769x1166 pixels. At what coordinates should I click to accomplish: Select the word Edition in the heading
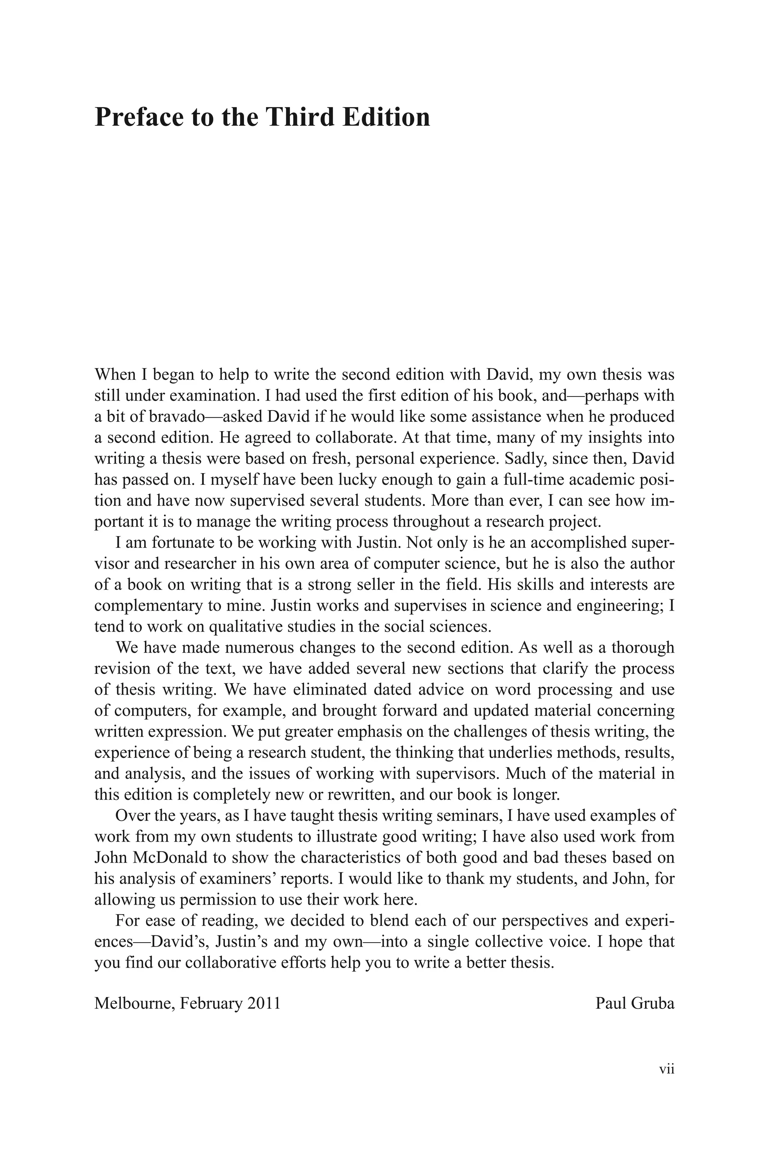coord(386,117)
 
